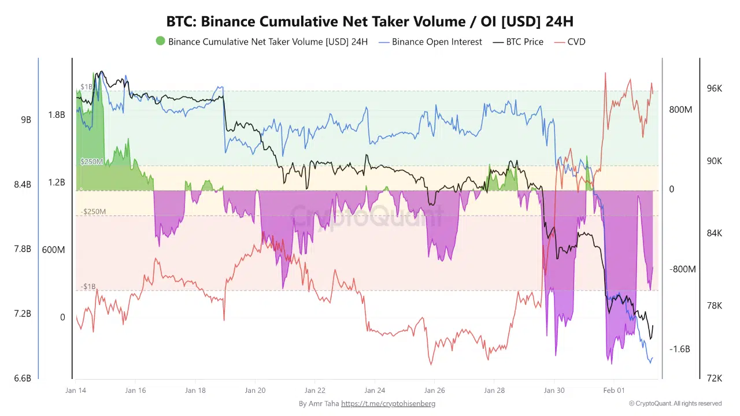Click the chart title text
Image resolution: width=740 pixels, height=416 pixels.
370,21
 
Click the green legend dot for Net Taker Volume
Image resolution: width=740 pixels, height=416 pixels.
160,41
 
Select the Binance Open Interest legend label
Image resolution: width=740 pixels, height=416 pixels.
436,42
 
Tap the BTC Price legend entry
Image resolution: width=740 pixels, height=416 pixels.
524,42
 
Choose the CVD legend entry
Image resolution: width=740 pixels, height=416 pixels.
576,42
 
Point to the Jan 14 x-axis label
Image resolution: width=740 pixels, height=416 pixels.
76,391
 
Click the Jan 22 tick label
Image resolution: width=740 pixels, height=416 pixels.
315,391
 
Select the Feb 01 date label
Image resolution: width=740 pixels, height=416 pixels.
614,391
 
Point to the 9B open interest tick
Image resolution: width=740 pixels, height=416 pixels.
26,120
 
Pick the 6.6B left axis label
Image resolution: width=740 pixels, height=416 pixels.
23,378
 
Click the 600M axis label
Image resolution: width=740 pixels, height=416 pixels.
53,250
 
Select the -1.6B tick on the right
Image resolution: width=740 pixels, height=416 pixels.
679,349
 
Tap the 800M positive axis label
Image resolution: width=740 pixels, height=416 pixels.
680,110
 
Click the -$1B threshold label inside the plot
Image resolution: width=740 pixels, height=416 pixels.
88,287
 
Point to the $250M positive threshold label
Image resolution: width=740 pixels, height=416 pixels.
91,162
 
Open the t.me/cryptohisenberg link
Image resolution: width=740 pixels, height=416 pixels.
388,403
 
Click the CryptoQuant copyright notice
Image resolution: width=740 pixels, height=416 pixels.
675,403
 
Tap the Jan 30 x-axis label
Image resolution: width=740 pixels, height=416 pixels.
554,391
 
